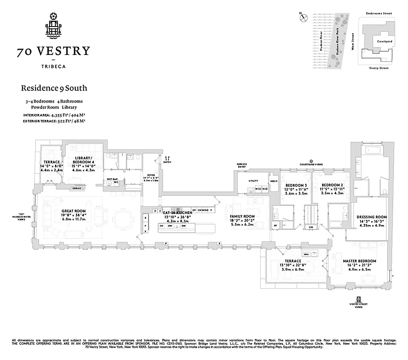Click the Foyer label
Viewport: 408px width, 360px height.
[x=151, y=175]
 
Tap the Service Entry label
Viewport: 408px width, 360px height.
[x=242, y=166]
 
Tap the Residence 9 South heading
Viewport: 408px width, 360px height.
[x=54, y=88]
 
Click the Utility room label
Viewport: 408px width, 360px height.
[x=253, y=181]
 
